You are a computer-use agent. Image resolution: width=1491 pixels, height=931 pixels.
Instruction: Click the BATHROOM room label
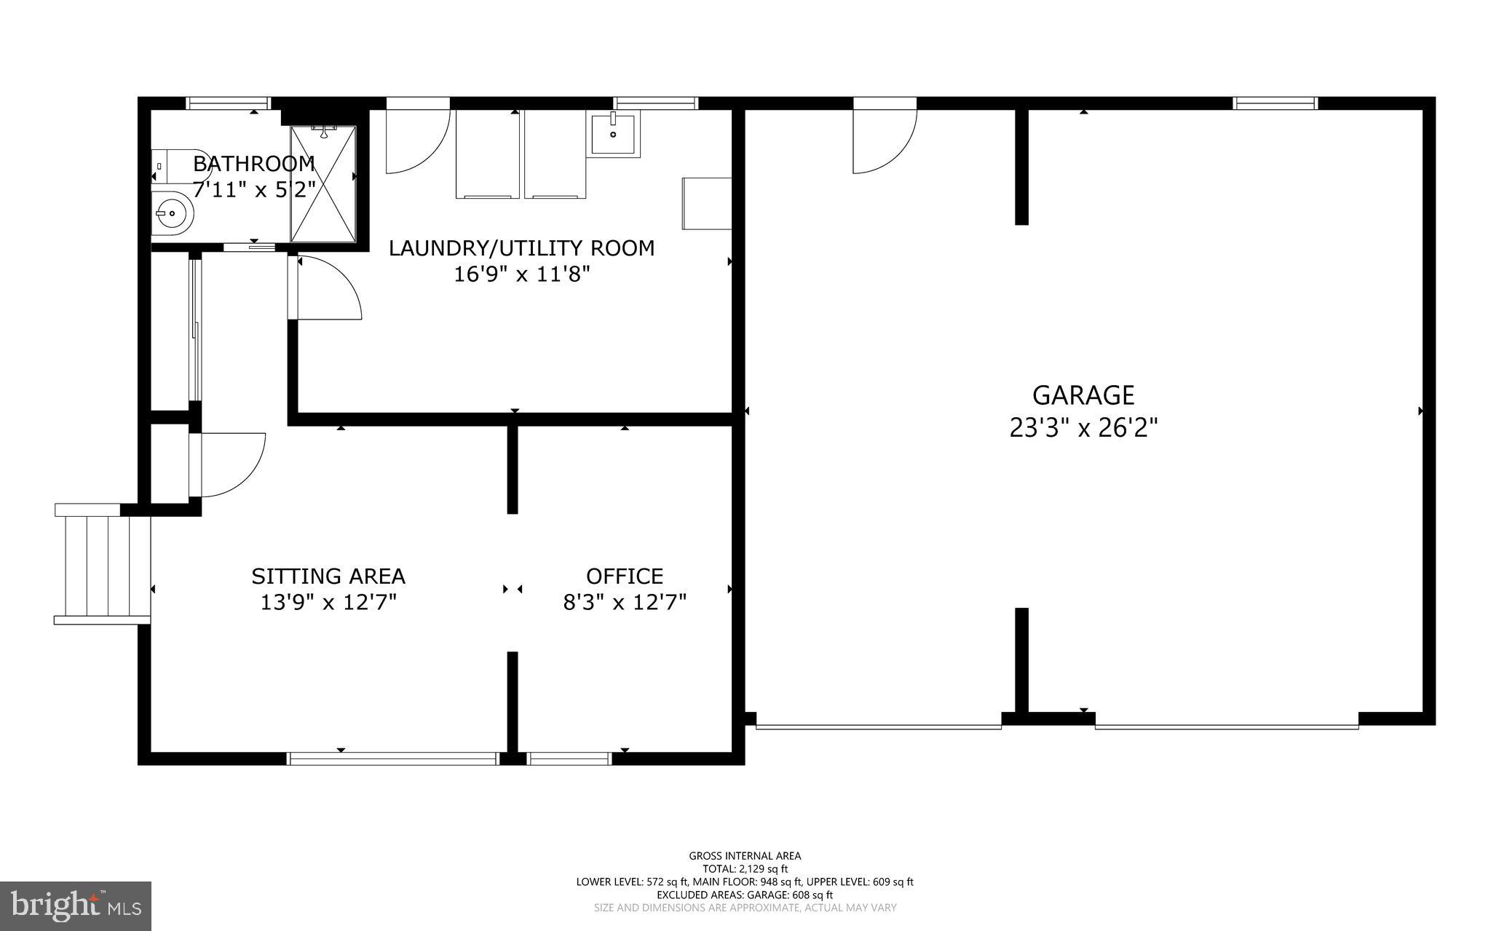253,163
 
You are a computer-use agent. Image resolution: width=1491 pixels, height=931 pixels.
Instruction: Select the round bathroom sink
173,213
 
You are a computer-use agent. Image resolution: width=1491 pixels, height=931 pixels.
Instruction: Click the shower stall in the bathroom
323,183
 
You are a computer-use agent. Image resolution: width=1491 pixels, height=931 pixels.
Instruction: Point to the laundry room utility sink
613,134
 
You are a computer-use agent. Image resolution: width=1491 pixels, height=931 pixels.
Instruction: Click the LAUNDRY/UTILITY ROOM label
521,248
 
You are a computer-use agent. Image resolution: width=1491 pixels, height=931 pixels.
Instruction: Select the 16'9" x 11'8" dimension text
521,274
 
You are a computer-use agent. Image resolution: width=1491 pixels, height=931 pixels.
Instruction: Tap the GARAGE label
1083,395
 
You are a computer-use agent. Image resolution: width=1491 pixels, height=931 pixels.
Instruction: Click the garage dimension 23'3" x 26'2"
1083,428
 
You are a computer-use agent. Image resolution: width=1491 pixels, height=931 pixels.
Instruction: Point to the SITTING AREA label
328,577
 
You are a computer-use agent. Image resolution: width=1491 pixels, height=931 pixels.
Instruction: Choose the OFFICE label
624,577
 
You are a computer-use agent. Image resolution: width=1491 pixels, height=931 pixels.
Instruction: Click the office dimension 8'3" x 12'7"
625,603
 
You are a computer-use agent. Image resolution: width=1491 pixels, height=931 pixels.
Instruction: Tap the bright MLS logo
76,905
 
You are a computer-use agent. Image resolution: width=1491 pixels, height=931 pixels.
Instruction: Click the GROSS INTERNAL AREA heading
744,856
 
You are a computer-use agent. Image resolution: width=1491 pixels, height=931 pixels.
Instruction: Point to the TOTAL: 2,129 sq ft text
744,868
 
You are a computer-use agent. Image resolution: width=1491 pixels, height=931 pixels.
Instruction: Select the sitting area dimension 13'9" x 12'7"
328,603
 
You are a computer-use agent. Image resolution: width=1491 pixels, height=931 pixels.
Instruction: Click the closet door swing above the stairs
229,464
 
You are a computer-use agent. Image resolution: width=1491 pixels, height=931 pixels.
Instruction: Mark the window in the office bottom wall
569,758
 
